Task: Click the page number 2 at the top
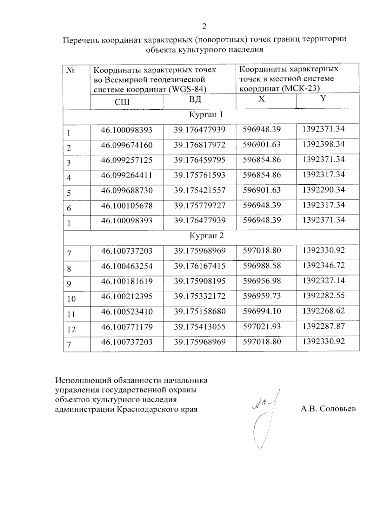pyautogui.click(x=204, y=26)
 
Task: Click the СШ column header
pyautogui.click(x=122, y=102)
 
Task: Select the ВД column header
pyautogui.click(x=195, y=99)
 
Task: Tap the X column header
pyautogui.click(x=261, y=99)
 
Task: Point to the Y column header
pyautogui.click(x=323, y=99)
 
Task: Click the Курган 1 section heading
pyautogui.click(x=206, y=115)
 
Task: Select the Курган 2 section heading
pyautogui.click(x=207, y=235)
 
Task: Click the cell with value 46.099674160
pyautogui.click(x=127, y=145)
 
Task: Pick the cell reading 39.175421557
pyautogui.click(x=199, y=190)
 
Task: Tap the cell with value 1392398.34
pyautogui.click(x=323, y=144)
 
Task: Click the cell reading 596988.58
pyautogui.click(x=262, y=266)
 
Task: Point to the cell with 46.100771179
pyautogui.click(x=127, y=327)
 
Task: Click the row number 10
pyautogui.click(x=71, y=299)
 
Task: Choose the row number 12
pyautogui.click(x=71, y=330)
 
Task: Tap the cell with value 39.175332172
pyautogui.click(x=199, y=296)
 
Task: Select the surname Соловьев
pyautogui.click(x=338, y=409)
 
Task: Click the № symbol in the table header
pyautogui.click(x=70, y=70)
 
